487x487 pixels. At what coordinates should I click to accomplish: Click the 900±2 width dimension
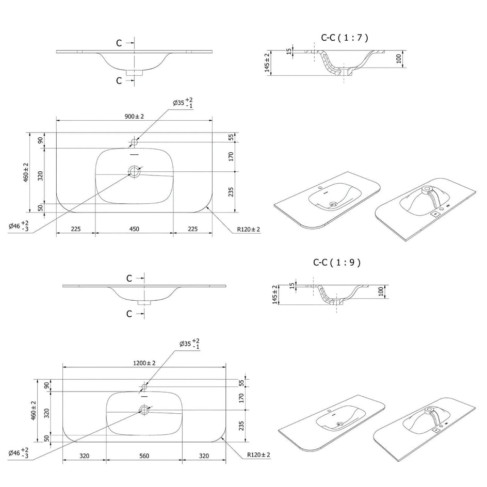[134, 117]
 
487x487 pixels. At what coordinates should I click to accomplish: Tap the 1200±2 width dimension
[144, 363]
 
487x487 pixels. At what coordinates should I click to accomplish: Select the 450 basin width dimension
[134, 229]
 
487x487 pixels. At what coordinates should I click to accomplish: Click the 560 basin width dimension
[144, 456]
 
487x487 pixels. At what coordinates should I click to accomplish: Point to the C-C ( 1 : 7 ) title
[345, 38]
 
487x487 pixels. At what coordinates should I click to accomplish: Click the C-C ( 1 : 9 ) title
[337, 263]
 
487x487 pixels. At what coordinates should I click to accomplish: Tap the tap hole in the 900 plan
[134, 142]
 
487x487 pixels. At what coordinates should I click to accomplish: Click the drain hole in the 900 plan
[134, 171]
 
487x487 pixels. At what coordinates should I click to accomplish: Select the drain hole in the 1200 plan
[144, 410]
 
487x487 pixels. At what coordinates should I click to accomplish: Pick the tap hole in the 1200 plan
[144, 387]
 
